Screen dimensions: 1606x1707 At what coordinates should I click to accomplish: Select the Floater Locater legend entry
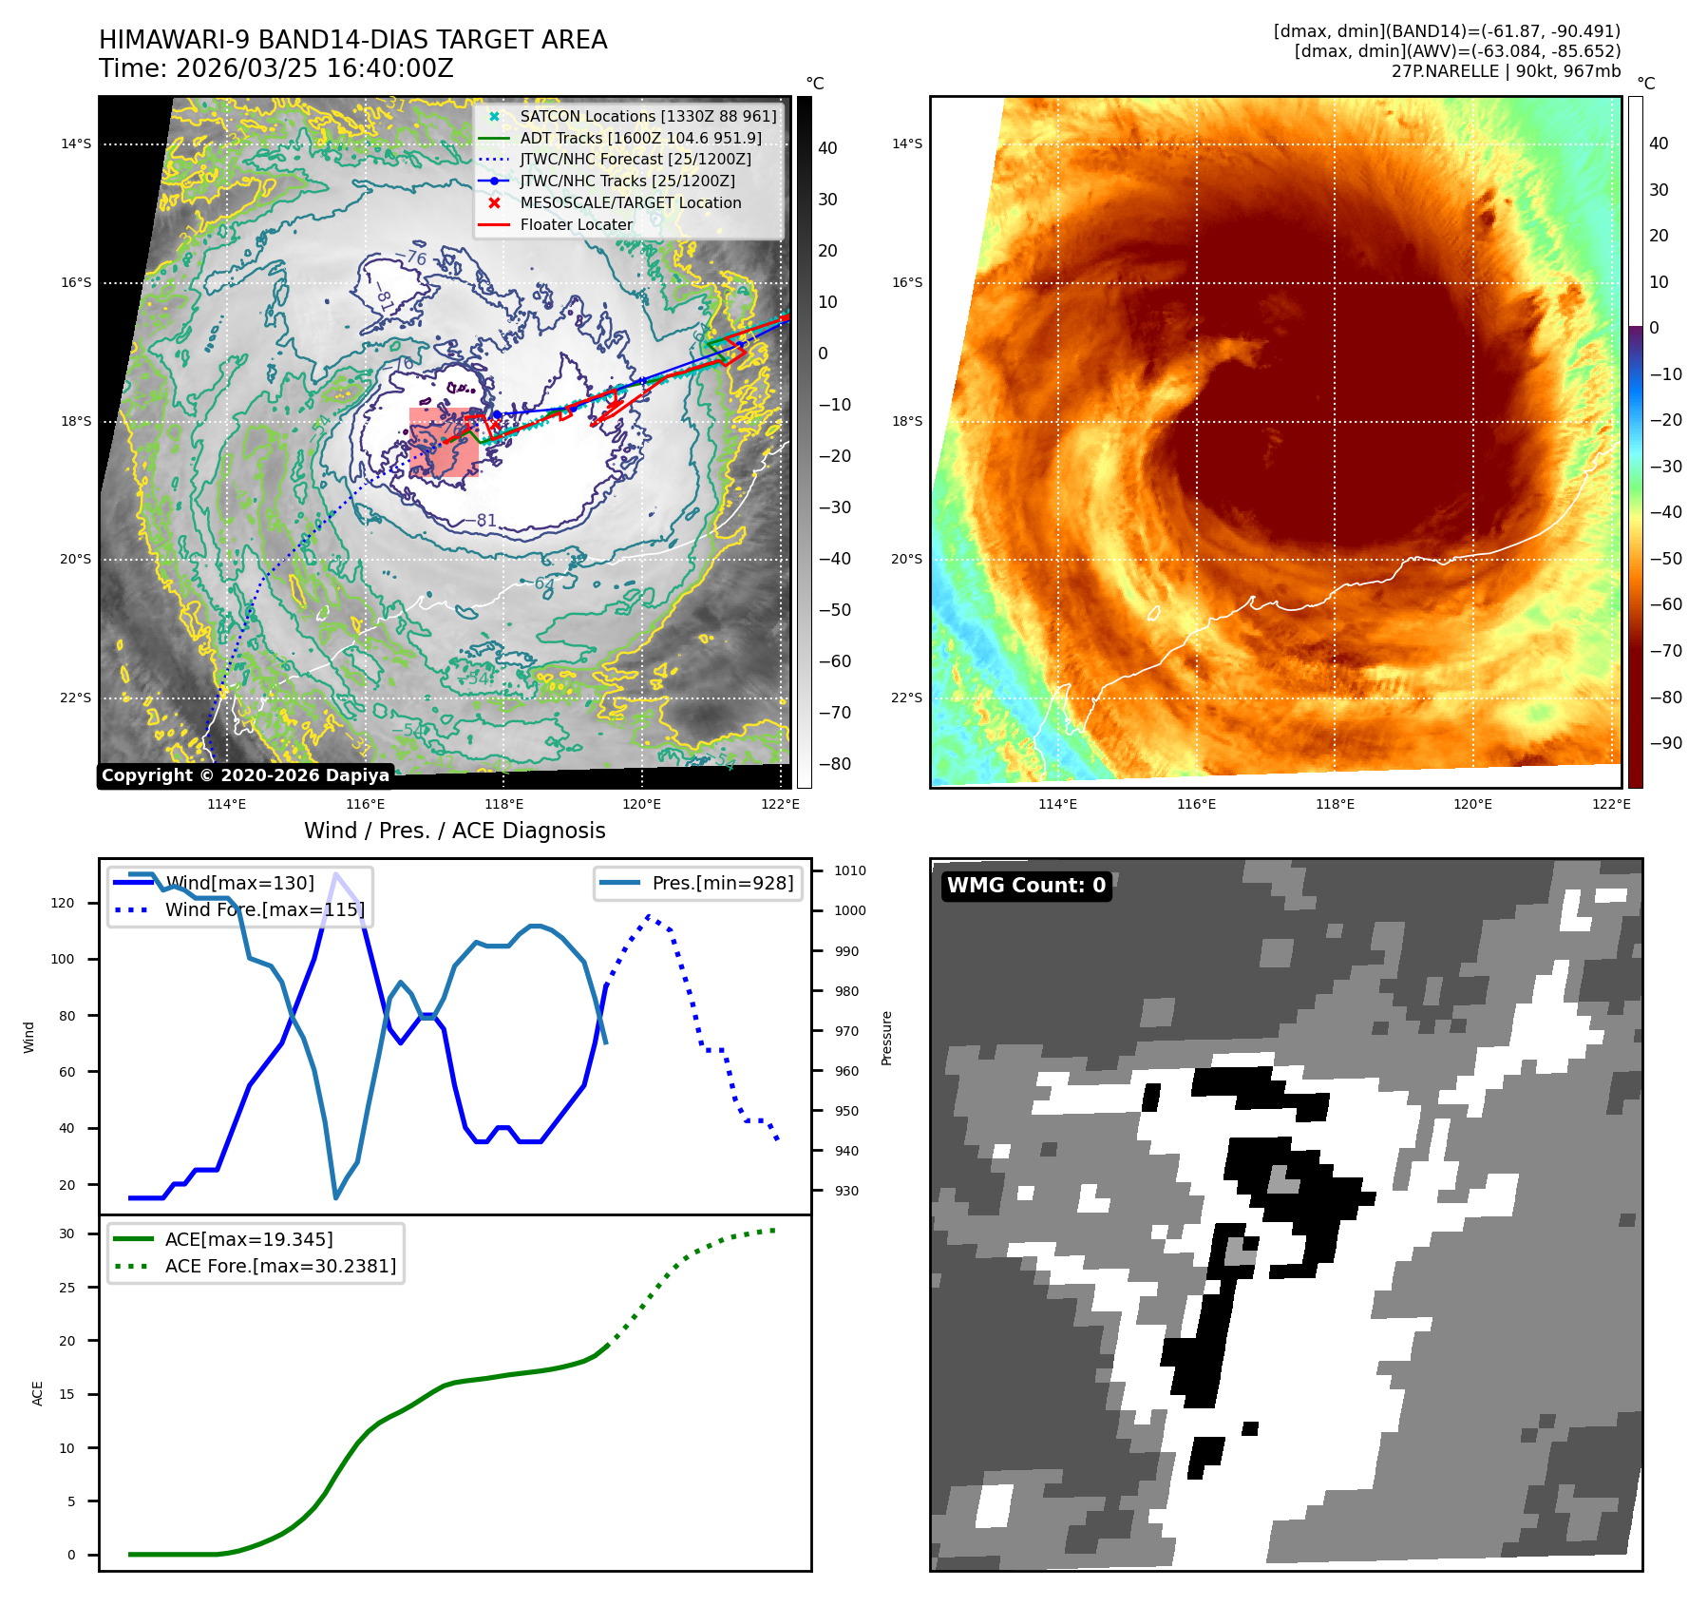(x=576, y=224)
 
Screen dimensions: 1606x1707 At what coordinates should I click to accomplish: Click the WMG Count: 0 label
(x=1026, y=886)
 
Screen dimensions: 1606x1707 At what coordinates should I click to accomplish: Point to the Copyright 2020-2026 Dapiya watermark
(x=245, y=775)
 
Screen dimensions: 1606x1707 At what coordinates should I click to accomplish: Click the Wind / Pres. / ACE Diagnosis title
(x=454, y=831)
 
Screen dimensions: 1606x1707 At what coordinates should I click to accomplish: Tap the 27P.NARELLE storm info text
(x=1506, y=71)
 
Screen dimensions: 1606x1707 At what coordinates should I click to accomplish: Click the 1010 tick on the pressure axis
(x=849, y=870)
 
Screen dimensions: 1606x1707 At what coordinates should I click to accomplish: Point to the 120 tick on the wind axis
(x=63, y=903)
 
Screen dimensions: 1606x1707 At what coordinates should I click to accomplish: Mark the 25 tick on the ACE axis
(x=66, y=1288)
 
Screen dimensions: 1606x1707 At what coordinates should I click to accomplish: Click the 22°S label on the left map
(x=76, y=698)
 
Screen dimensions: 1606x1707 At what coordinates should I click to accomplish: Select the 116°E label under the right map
(x=1196, y=804)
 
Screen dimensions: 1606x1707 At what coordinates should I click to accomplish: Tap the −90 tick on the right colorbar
(x=1664, y=743)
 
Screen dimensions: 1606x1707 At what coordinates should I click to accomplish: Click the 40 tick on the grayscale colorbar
(x=827, y=148)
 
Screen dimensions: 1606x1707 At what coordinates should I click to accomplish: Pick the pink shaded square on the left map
(x=444, y=442)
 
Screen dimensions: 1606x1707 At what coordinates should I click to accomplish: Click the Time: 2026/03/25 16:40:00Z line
(x=275, y=68)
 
